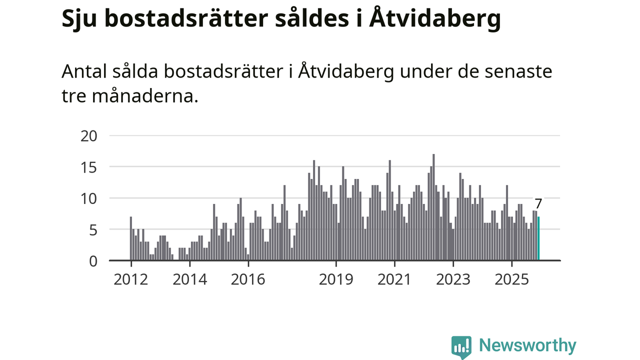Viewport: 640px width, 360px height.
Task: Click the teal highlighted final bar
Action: point(538,238)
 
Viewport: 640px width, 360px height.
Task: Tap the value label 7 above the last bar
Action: point(538,204)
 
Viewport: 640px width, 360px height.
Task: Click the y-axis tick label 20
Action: point(89,135)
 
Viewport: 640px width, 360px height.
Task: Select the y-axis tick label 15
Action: point(89,167)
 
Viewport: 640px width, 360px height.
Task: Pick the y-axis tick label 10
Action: point(89,198)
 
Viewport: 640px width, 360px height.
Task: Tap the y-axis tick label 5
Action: point(92,229)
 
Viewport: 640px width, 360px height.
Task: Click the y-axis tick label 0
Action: point(92,261)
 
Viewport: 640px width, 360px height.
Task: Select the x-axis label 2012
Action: point(130,279)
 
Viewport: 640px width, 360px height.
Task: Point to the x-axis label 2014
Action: point(189,279)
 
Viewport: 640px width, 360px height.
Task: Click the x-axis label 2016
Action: point(248,279)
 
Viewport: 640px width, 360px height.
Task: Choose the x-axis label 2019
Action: point(336,279)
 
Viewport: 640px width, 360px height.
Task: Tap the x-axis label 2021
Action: point(394,279)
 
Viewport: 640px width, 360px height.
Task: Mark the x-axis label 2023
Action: point(453,279)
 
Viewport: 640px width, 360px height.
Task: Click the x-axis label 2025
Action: point(512,279)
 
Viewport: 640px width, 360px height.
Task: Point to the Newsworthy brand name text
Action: point(527,345)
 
